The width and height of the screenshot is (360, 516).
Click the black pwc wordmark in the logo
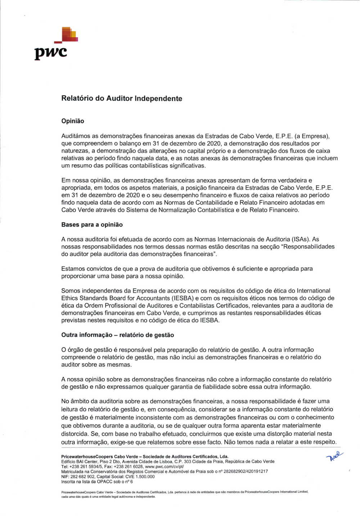coord(51,53)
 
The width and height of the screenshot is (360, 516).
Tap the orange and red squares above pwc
coord(69,34)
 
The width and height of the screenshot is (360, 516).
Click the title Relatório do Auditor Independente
coord(122,98)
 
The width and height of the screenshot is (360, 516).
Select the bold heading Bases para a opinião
coord(92,225)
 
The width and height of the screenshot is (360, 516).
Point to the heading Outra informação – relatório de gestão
coord(117,335)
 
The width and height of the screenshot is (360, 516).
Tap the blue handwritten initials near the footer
coord(334,456)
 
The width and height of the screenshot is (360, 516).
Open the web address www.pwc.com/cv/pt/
coord(164,466)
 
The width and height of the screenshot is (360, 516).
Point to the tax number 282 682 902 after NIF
coord(82,476)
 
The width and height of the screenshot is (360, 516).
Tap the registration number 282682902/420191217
coord(246,471)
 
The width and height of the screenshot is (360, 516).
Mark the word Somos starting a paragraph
coord(71,291)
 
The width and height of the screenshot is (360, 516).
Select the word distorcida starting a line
coord(75,434)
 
